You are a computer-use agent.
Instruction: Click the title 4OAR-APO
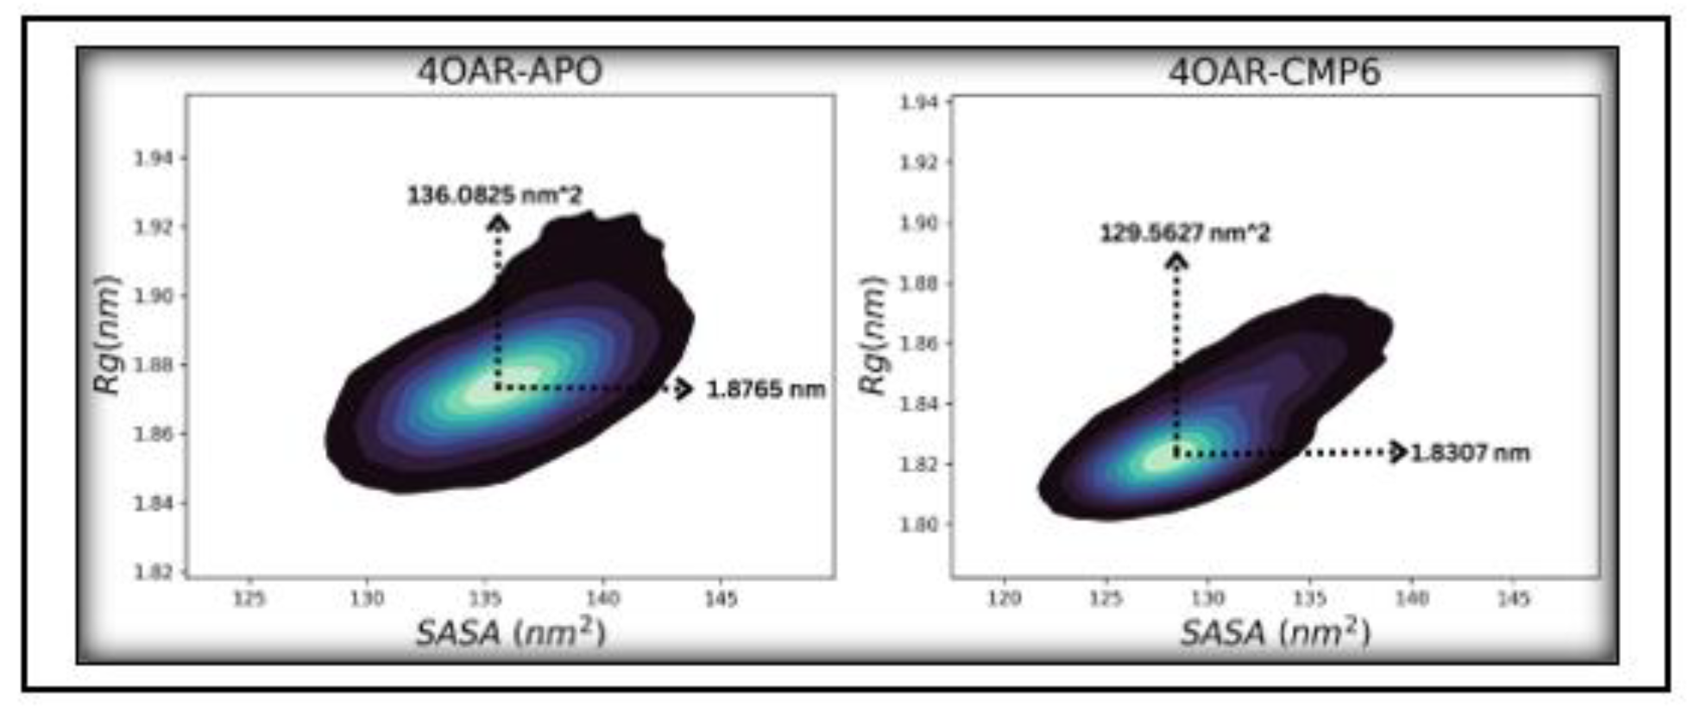(x=509, y=71)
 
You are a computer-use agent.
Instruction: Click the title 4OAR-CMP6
(x=1274, y=72)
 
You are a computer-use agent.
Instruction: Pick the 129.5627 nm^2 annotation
(x=1184, y=233)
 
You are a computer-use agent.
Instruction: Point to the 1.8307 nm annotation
(x=1470, y=452)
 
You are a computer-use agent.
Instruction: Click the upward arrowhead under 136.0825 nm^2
(x=498, y=224)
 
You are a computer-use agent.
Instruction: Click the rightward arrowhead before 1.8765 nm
(x=683, y=389)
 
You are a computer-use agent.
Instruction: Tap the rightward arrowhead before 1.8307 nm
(x=1399, y=451)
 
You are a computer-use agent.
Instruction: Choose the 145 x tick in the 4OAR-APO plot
(x=721, y=598)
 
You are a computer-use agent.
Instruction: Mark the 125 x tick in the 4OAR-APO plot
(x=249, y=598)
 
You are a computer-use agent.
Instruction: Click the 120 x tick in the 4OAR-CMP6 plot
(x=1004, y=598)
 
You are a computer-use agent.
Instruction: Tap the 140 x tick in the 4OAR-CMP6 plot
(x=1412, y=598)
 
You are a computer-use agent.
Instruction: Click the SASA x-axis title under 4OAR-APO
(x=511, y=633)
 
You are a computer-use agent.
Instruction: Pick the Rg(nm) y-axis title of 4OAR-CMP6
(x=874, y=335)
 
